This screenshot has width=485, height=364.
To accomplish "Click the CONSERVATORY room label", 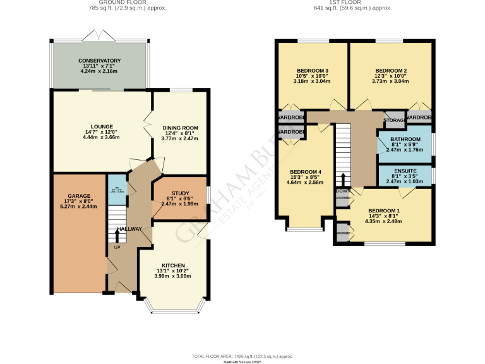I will point(100,61).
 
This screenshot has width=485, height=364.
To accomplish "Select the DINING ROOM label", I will point(181,126).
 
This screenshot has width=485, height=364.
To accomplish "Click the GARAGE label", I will point(79,196).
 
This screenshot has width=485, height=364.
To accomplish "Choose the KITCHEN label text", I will point(172,265).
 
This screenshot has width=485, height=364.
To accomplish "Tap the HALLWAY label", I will point(129,229).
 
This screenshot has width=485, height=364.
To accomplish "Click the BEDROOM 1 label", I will point(383,210).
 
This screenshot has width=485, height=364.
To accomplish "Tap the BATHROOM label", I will point(405,139).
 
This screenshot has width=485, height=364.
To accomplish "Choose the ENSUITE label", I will point(405,172).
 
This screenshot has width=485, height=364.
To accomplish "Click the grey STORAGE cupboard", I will point(394,119).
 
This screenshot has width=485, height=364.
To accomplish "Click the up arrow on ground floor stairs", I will point(116,235).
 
